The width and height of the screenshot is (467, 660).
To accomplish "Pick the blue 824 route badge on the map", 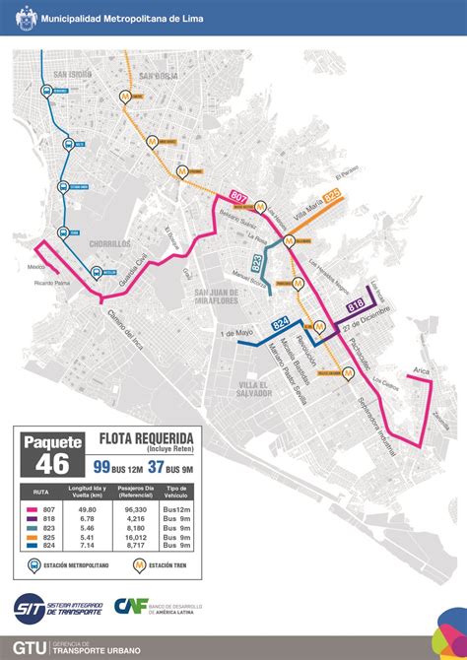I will coord(281,322).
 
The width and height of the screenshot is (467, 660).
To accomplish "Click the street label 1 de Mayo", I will coord(237,336).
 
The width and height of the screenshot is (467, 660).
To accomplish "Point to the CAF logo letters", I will coord(129,608).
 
